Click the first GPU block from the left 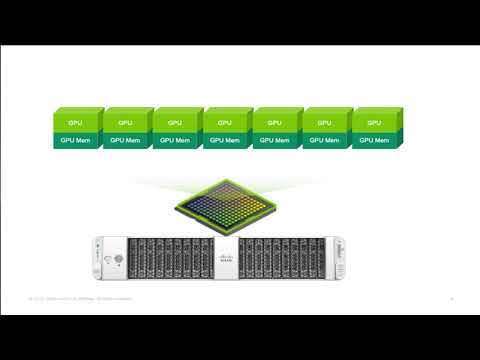(x=75, y=122)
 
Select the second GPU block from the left (x=125, y=122)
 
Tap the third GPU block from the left (x=175, y=122)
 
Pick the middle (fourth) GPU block (x=225, y=122)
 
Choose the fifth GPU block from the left (x=275, y=122)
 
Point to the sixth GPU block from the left (x=324, y=122)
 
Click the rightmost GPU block (x=374, y=122)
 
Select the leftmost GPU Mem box (x=75, y=141)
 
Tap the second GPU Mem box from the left (x=125, y=141)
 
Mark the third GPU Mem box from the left (x=175, y=141)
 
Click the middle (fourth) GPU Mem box (x=225, y=141)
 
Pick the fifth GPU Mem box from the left (x=275, y=141)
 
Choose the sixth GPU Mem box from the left (x=324, y=141)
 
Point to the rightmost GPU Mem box (x=374, y=141)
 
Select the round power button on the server (x=117, y=259)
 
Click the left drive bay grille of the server (x=169, y=257)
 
